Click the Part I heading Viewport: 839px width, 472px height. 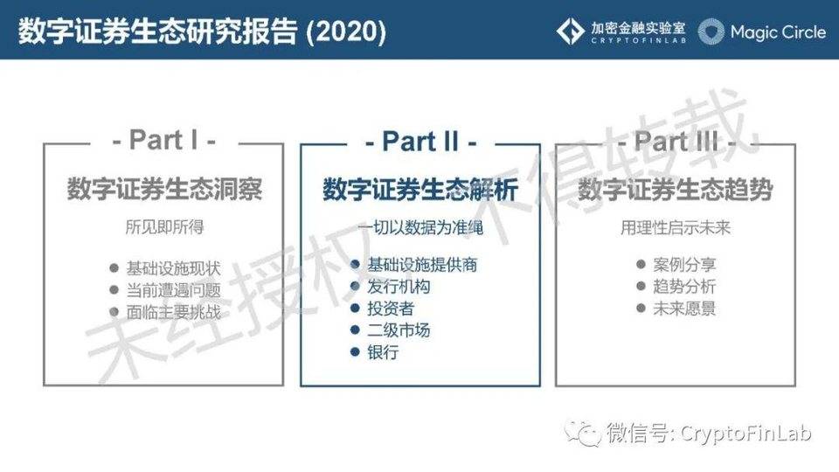tap(163, 140)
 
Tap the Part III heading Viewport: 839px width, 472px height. tap(675, 141)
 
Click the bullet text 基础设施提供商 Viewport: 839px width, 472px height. tap(422, 264)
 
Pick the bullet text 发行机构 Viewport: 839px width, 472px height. tap(399, 286)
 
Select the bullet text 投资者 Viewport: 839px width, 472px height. tap(391, 309)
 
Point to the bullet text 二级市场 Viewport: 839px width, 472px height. tap(399, 330)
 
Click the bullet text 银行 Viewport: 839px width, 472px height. tap(383, 353)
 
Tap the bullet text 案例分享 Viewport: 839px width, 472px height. tap(684, 264)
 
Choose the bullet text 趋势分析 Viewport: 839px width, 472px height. tap(684, 287)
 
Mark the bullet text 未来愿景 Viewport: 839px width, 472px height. tap(684, 309)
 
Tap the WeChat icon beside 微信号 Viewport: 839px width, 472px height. tap(583, 433)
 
